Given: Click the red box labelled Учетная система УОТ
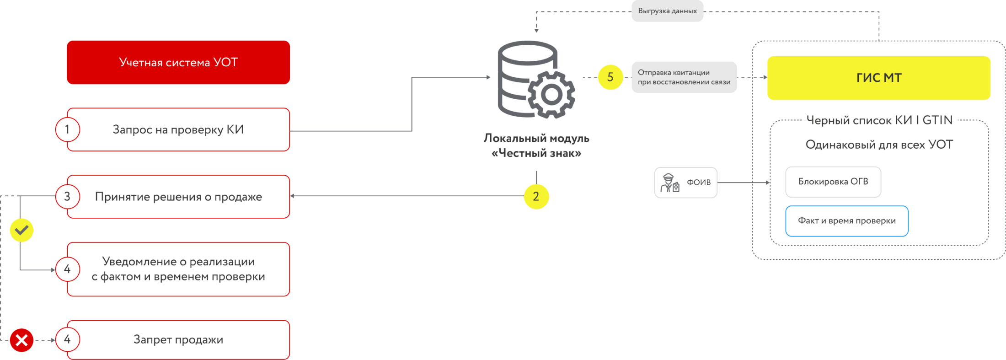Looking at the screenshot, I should pyautogui.click(x=178, y=62).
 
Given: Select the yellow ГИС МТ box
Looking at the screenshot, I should pyautogui.click(x=878, y=78).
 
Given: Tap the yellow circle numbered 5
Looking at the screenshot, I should pyautogui.click(x=610, y=77).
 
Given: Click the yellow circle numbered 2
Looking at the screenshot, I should pyautogui.click(x=536, y=197).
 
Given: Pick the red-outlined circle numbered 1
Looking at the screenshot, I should pyautogui.click(x=68, y=129).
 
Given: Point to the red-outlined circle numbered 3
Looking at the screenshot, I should pyautogui.click(x=68, y=197).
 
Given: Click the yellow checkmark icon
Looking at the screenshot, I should pyautogui.click(x=21, y=230).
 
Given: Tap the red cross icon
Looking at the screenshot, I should pyautogui.click(x=21, y=340).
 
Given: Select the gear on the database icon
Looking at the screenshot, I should pyautogui.click(x=551, y=95).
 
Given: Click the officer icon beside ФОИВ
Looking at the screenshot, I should pyautogui.click(x=669, y=183).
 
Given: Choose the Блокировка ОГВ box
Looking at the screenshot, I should pyautogui.click(x=833, y=182).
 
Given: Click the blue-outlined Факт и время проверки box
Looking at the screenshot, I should pyautogui.click(x=847, y=221).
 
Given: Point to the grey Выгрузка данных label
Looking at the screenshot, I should pyautogui.click(x=667, y=11).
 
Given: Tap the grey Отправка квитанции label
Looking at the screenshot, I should pyautogui.click(x=684, y=77).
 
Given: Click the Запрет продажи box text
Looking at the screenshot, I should pyautogui.click(x=178, y=340).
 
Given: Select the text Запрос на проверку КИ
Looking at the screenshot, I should pyautogui.click(x=178, y=130).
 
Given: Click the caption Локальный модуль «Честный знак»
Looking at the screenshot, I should pyautogui.click(x=536, y=145).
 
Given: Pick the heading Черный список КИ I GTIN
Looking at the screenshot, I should pyautogui.click(x=879, y=120).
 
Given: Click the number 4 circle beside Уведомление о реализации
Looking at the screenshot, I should pyautogui.click(x=68, y=269).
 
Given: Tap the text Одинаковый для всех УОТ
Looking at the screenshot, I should pyautogui.click(x=879, y=145).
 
